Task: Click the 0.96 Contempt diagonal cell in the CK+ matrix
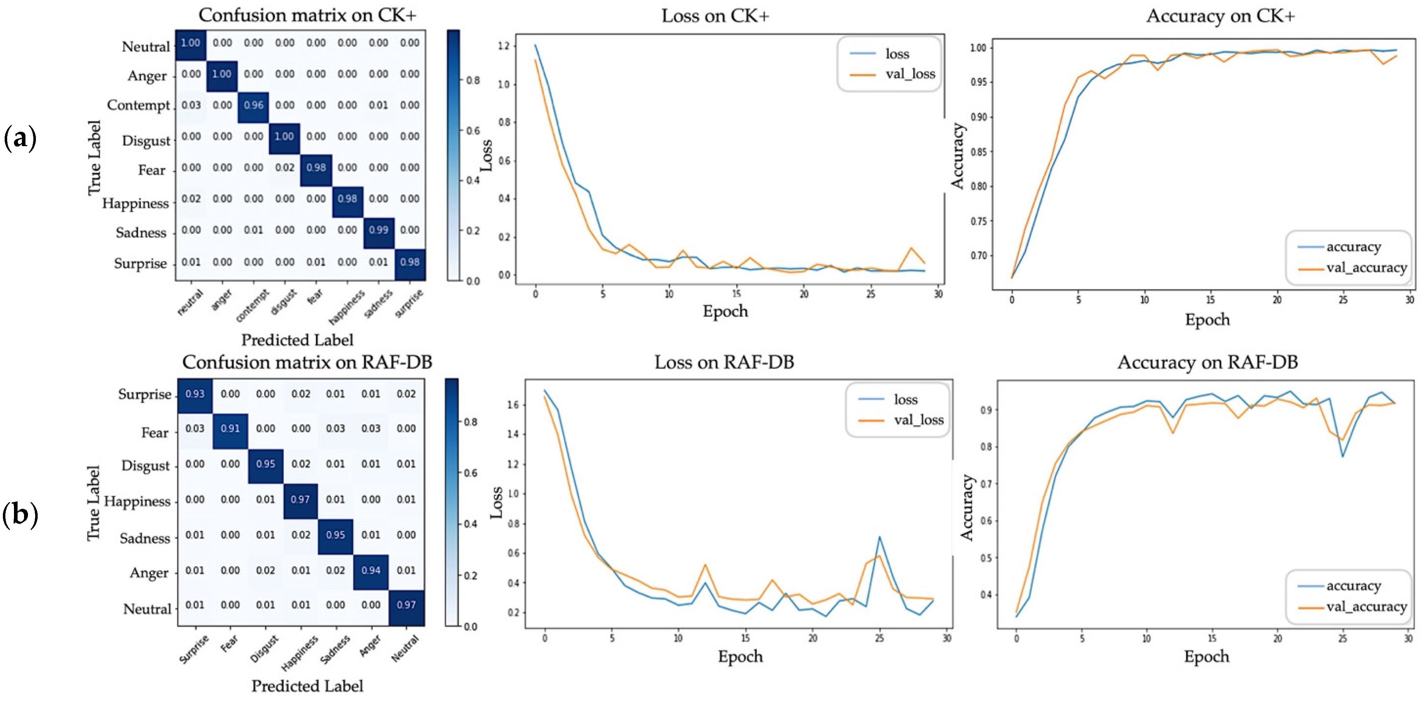(x=253, y=105)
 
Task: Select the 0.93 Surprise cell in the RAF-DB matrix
(x=195, y=394)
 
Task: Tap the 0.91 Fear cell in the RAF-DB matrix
(x=230, y=428)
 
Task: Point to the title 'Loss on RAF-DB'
(x=724, y=362)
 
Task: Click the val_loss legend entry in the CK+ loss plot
(x=910, y=74)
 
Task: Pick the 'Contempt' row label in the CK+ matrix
(x=138, y=105)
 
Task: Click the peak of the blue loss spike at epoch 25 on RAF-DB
(x=879, y=537)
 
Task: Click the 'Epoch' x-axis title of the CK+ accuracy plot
(x=1207, y=320)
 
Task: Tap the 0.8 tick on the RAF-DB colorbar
(x=471, y=422)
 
